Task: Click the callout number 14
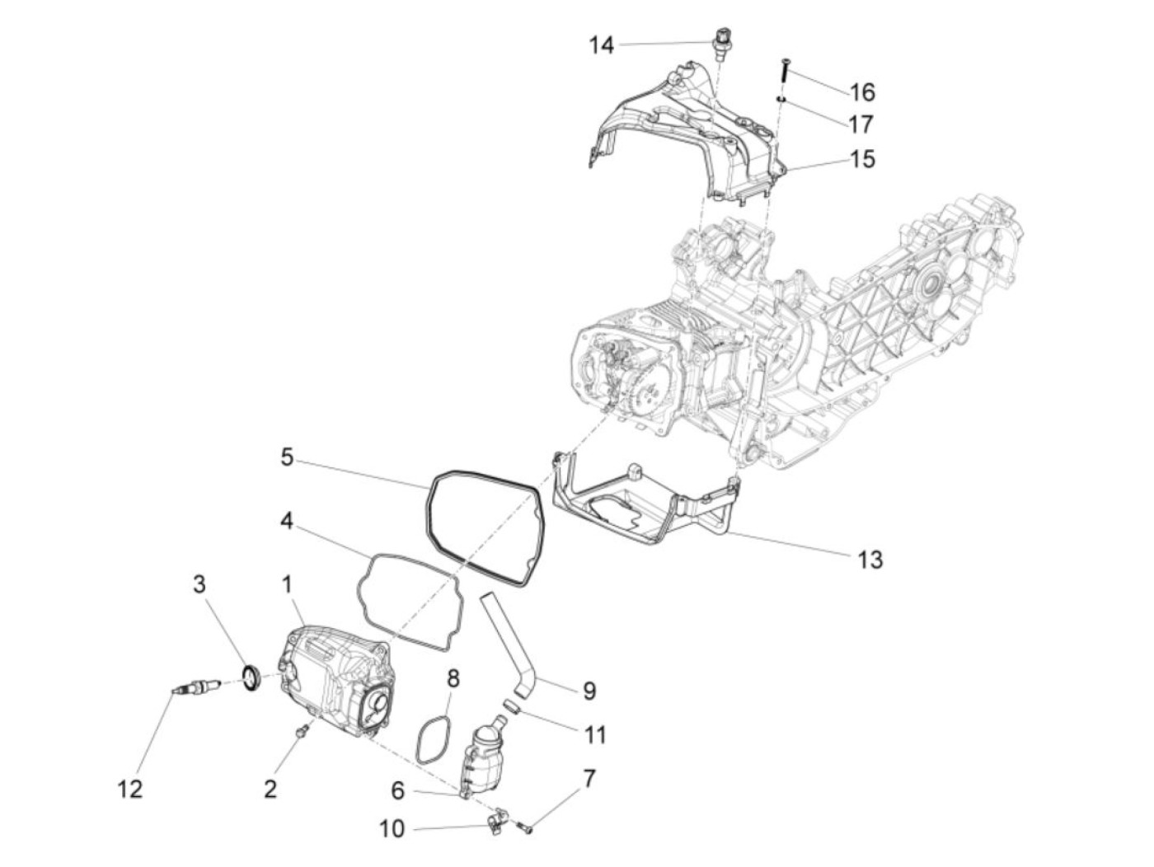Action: [602, 45]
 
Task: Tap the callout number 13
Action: [870, 560]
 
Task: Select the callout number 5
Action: [287, 457]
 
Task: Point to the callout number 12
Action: [129, 789]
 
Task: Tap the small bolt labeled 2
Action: [303, 730]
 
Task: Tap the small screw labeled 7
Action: [526, 827]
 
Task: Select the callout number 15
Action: [862, 158]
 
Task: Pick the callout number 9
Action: [589, 690]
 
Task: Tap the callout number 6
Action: [398, 791]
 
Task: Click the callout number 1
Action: [287, 585]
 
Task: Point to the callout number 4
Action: [286, 522]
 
